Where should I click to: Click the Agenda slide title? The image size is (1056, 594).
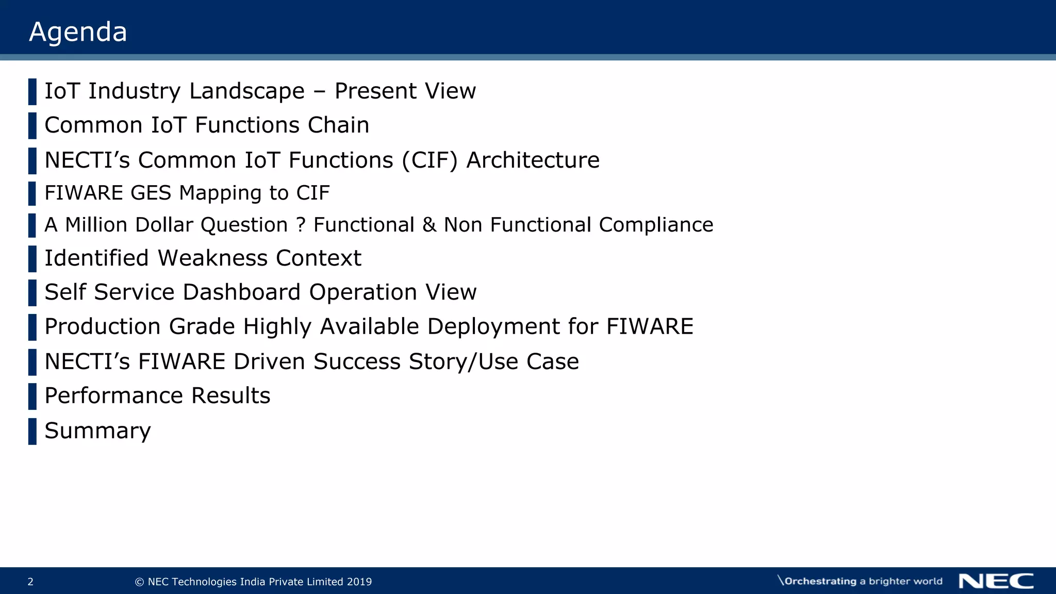coord(78,32)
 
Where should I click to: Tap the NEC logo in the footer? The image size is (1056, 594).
coord(996,581)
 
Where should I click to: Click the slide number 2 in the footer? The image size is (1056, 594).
coord(30,582)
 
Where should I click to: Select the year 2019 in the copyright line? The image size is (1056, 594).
coord(359,582)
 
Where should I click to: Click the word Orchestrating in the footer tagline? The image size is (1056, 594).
coord(820,581)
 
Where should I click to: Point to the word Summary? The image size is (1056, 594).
coord(97,431)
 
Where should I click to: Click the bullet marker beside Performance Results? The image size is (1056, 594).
coord(32,396)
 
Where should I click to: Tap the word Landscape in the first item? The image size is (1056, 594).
coord(246,91)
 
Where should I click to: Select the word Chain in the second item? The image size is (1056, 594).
coord(338,125)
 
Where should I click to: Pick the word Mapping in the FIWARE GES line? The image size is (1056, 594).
coord(220,193)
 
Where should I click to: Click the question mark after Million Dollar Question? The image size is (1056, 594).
coord(301,225)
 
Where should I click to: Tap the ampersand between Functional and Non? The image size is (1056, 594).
coord(429,225)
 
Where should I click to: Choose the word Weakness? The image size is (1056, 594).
coord(212,258)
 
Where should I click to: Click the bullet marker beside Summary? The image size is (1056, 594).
coord(32,431)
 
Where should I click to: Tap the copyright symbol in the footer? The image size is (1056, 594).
coord(139,582)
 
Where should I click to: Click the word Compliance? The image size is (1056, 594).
coord(656,225)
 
